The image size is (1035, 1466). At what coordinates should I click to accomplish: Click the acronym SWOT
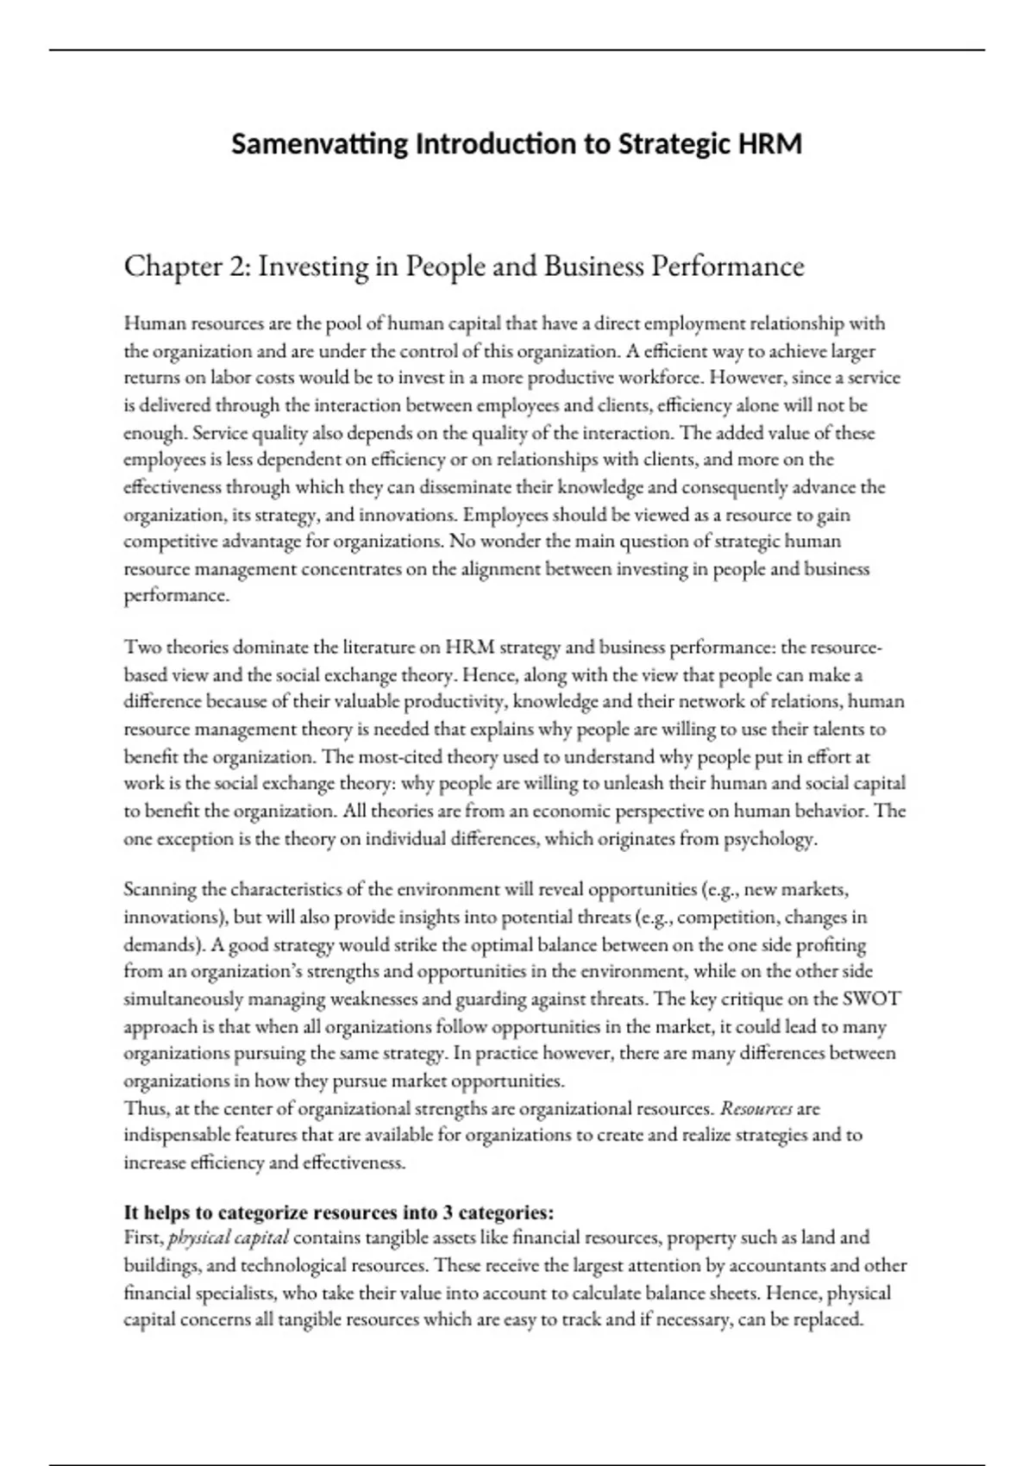[x=871, y=999]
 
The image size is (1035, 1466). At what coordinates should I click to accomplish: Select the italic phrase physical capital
[x=229, y=1238]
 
